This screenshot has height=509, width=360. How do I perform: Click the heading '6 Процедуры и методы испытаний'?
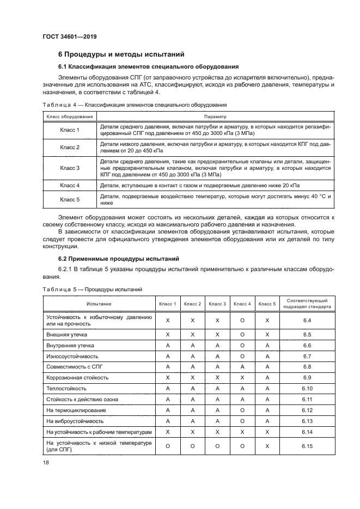121,54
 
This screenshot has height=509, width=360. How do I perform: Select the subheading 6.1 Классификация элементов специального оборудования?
148,66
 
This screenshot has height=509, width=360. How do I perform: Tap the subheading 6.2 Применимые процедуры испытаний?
118,258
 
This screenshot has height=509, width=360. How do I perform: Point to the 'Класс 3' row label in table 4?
70,168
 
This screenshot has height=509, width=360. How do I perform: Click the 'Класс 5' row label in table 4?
70,200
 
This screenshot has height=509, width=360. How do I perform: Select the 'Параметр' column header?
215,116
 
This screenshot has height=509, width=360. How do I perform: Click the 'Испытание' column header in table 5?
99,304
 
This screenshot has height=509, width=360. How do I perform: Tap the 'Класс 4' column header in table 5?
242,304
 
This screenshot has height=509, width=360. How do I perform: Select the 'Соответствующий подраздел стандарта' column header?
307,304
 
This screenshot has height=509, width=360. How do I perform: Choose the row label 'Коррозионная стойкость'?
77,377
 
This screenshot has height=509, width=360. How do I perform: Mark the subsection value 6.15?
307,447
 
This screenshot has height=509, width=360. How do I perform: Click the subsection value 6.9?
307,377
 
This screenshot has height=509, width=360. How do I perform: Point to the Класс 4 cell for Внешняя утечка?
242,334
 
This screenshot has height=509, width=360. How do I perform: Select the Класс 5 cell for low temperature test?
267,447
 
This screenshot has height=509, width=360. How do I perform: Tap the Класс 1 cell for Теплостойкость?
168,389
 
